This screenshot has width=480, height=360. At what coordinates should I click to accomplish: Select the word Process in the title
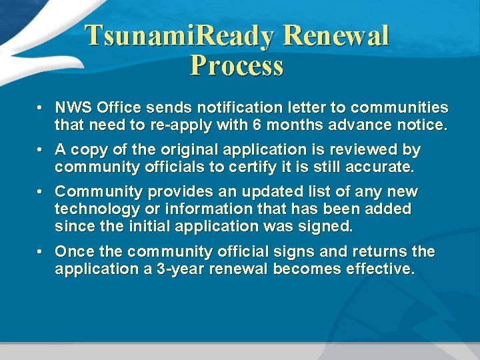tap(237, 66)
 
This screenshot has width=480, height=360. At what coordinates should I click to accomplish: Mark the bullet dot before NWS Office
tap(41, 107)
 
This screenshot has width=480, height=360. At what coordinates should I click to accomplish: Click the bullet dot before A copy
tap(41, 149)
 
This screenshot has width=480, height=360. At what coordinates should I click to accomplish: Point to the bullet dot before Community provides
tap(41, 192)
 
